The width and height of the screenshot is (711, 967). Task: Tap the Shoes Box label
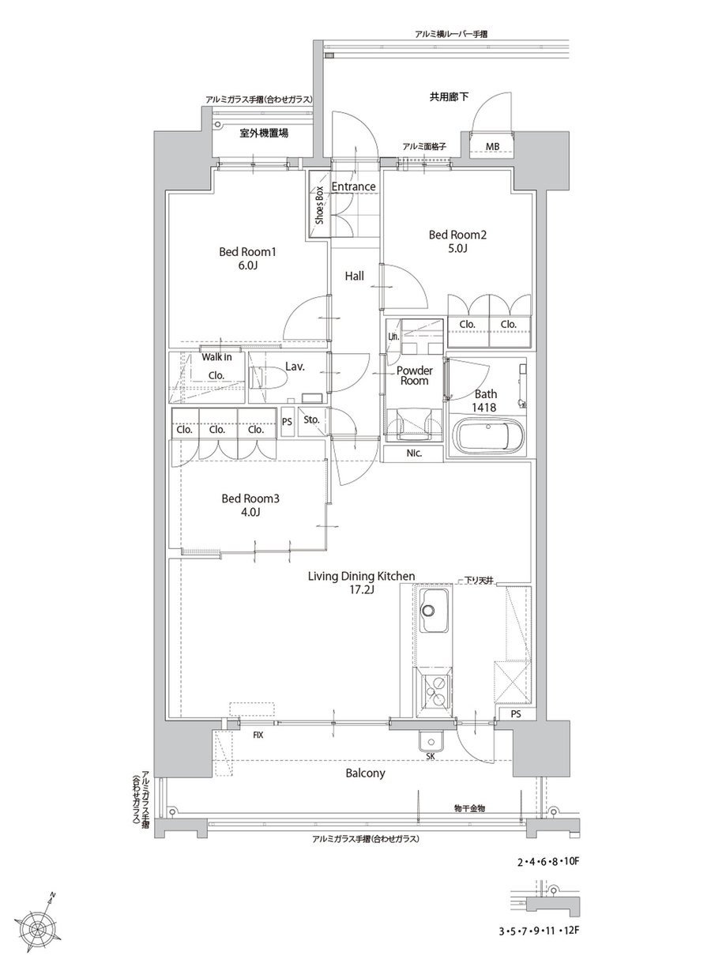pos(319,205)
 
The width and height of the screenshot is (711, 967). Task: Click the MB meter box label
pos(492,147)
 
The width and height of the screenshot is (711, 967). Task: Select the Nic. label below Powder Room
pos(414,453)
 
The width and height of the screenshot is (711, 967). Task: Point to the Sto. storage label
pos(312,420)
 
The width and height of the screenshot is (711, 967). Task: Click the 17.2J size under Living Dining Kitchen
pos(361,589)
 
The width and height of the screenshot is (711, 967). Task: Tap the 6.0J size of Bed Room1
pos(247,265)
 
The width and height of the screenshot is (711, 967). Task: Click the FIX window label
pos(258,736)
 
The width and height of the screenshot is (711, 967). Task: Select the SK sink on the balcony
pos(431,743)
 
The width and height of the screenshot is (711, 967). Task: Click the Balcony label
pos(365,773)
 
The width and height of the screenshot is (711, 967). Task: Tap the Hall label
pos(355,276)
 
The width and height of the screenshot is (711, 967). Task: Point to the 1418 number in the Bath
pos(483,407)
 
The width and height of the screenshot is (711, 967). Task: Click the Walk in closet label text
pos(216,357)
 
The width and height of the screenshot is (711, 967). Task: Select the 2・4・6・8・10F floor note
pos(547,862)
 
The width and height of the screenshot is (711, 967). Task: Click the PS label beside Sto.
pos(287,421)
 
